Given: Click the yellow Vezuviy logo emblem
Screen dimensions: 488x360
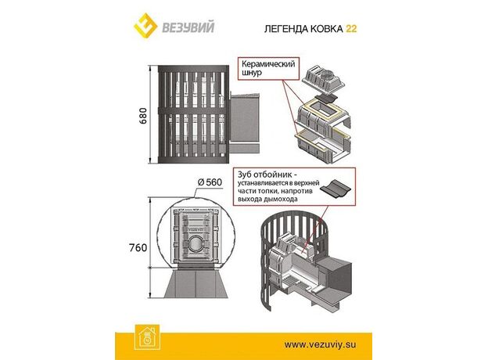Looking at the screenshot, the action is point(145,26).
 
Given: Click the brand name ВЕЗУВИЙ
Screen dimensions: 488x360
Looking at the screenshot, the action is point(188,27).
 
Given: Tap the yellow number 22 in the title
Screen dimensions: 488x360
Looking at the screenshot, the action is point(351,29).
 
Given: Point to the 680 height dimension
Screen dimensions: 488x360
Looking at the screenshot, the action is point(142,116).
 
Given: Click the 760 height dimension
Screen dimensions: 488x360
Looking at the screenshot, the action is point(138,247).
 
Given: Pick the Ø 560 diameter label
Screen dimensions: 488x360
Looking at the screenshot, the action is point(210,182).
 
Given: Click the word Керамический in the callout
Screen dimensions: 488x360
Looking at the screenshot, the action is point(268,64).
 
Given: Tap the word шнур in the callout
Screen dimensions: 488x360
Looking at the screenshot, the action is point(252,73).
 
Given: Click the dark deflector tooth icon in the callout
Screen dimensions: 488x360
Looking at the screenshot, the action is point(335,188).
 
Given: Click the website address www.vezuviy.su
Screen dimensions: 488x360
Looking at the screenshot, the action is point(320,344).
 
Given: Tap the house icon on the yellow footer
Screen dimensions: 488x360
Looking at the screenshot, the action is point(148,337).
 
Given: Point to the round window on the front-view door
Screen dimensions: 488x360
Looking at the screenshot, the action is point(196,245).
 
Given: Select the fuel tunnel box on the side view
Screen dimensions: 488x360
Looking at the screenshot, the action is point(245,120).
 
